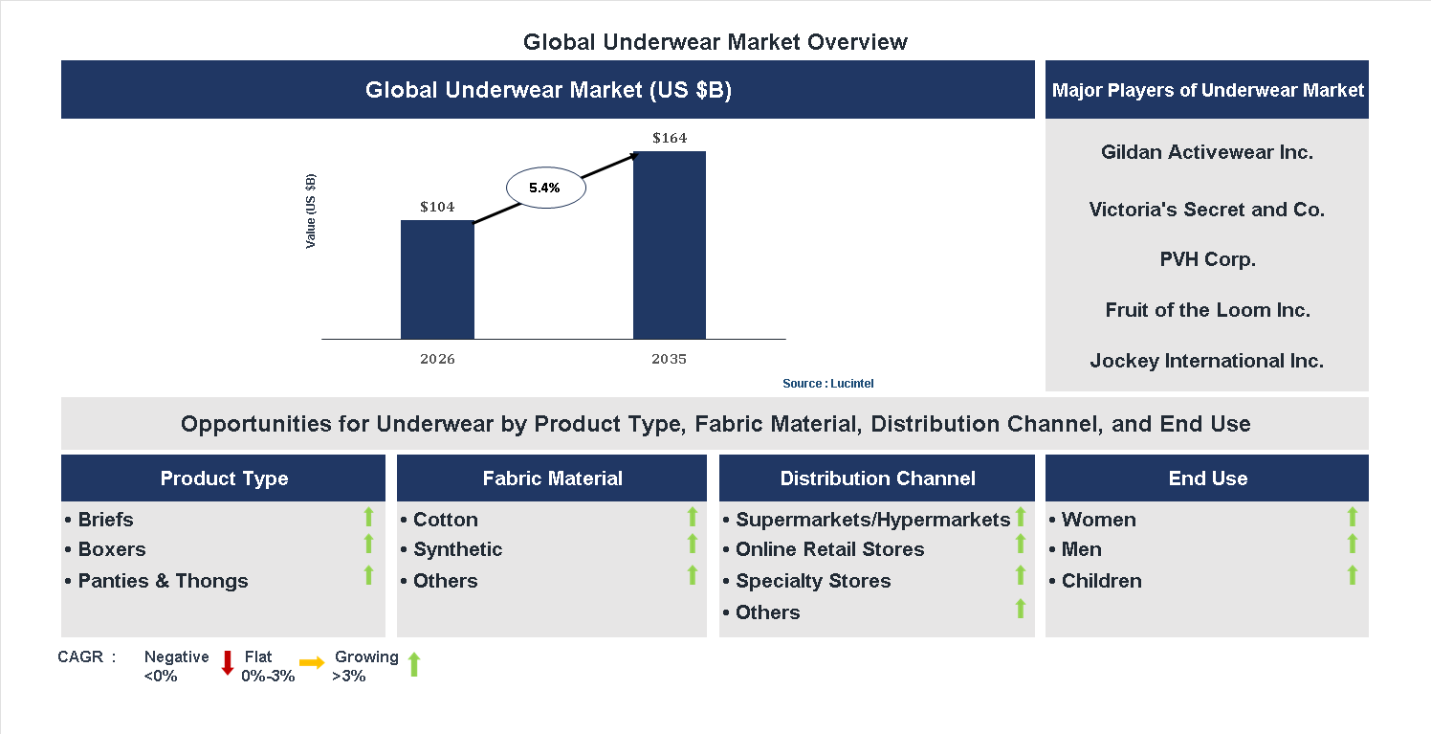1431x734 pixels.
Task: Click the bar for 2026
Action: click(437, 279)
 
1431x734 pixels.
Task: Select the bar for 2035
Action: click(670, 245)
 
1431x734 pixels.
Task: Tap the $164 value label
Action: click(670, 138)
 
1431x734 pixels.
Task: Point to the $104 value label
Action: click(437, 207)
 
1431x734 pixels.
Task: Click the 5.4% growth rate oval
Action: click(545, 188)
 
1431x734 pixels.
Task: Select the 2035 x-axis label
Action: click(670, 360)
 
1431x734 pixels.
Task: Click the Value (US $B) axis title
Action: click(311, 211)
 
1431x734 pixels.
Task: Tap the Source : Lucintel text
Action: click(827, 384)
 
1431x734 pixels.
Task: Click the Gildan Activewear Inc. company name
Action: click(1206, 152)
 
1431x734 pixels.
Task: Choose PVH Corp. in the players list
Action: click(1206, 259)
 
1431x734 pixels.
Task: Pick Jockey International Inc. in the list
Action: click(1206, 361)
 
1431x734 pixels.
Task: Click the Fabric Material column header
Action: click(552, 478)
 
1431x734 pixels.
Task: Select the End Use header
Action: click(1207, 478)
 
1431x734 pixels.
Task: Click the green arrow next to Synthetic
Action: click(693, 544)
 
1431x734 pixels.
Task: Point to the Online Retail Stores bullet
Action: click(829, 549)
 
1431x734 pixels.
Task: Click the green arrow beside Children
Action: click(1352, 575)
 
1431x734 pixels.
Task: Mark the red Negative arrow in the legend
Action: click(228, 662)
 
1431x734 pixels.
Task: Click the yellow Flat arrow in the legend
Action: click(312, 662)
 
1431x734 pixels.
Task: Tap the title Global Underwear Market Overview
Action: click(715, 42)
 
